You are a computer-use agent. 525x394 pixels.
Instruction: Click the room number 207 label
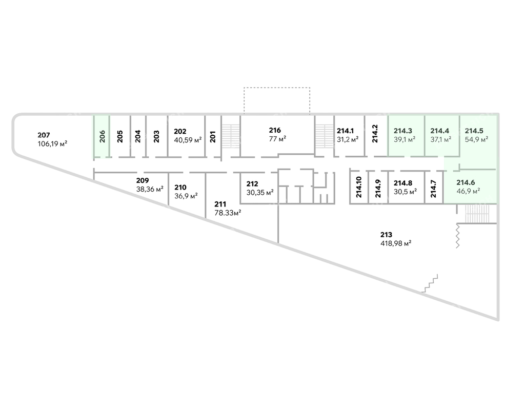coord(44,135)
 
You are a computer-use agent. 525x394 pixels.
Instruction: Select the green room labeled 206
coord(102,136)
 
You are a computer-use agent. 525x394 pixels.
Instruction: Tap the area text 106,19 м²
coord(53,144)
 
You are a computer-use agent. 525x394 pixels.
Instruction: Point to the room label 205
coord(120,136)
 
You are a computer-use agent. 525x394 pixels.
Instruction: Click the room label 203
coord(156,136)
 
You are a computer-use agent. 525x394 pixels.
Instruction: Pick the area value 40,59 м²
coord(188,140)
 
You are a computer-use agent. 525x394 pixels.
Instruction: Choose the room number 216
coord(275,130)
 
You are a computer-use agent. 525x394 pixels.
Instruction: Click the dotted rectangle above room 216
coord(277,88)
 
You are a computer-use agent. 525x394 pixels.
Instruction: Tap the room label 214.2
coord(375,134)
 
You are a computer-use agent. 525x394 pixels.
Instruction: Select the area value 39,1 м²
coord(405,139)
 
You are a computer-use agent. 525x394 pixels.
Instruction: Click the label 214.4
coord(439,131)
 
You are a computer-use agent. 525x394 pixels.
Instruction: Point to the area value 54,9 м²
coord(476,139)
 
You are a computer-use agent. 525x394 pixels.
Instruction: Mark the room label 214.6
coord(466,182)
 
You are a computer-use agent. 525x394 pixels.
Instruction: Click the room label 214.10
coord(359,187)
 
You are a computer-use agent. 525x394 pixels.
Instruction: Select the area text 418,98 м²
coord(396,243)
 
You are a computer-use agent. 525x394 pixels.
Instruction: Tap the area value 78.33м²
coord(228,213)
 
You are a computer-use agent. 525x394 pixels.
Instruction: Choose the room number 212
coord(252,184)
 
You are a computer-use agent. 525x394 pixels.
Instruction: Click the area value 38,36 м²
coord(150,189)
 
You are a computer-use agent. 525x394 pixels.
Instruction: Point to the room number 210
coord(180,188)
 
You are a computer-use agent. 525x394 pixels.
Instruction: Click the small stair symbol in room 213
coord(430,284)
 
